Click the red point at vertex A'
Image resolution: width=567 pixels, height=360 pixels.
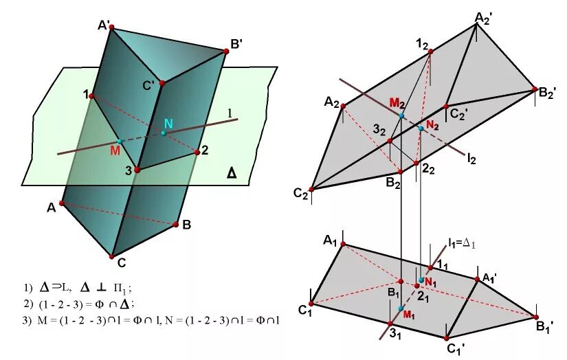pos(111,29)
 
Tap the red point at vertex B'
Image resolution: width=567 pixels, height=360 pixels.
pos(225,50)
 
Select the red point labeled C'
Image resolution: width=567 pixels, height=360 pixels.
pos(162,83)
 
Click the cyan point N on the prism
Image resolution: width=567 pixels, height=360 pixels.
pos(164,133)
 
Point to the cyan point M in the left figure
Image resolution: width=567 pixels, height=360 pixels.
pos(120,142)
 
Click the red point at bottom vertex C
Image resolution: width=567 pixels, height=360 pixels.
pos(111,256)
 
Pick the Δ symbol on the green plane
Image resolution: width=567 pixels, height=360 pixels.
pos(232,175)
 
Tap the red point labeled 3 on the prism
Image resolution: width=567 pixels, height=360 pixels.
pos(137,169)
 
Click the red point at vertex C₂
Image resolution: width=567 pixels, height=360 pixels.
pos(312,189)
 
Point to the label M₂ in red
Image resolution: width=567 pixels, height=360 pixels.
pos(396,102)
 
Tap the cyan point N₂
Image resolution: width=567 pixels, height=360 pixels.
pos(421,128)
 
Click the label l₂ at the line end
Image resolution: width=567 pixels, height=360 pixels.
pos(471,159)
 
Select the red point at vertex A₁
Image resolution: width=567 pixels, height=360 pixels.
pos(343,244)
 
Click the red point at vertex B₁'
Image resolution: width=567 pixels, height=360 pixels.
pos(536,316)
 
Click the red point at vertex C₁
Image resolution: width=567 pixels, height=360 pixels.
pos(312,303)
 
